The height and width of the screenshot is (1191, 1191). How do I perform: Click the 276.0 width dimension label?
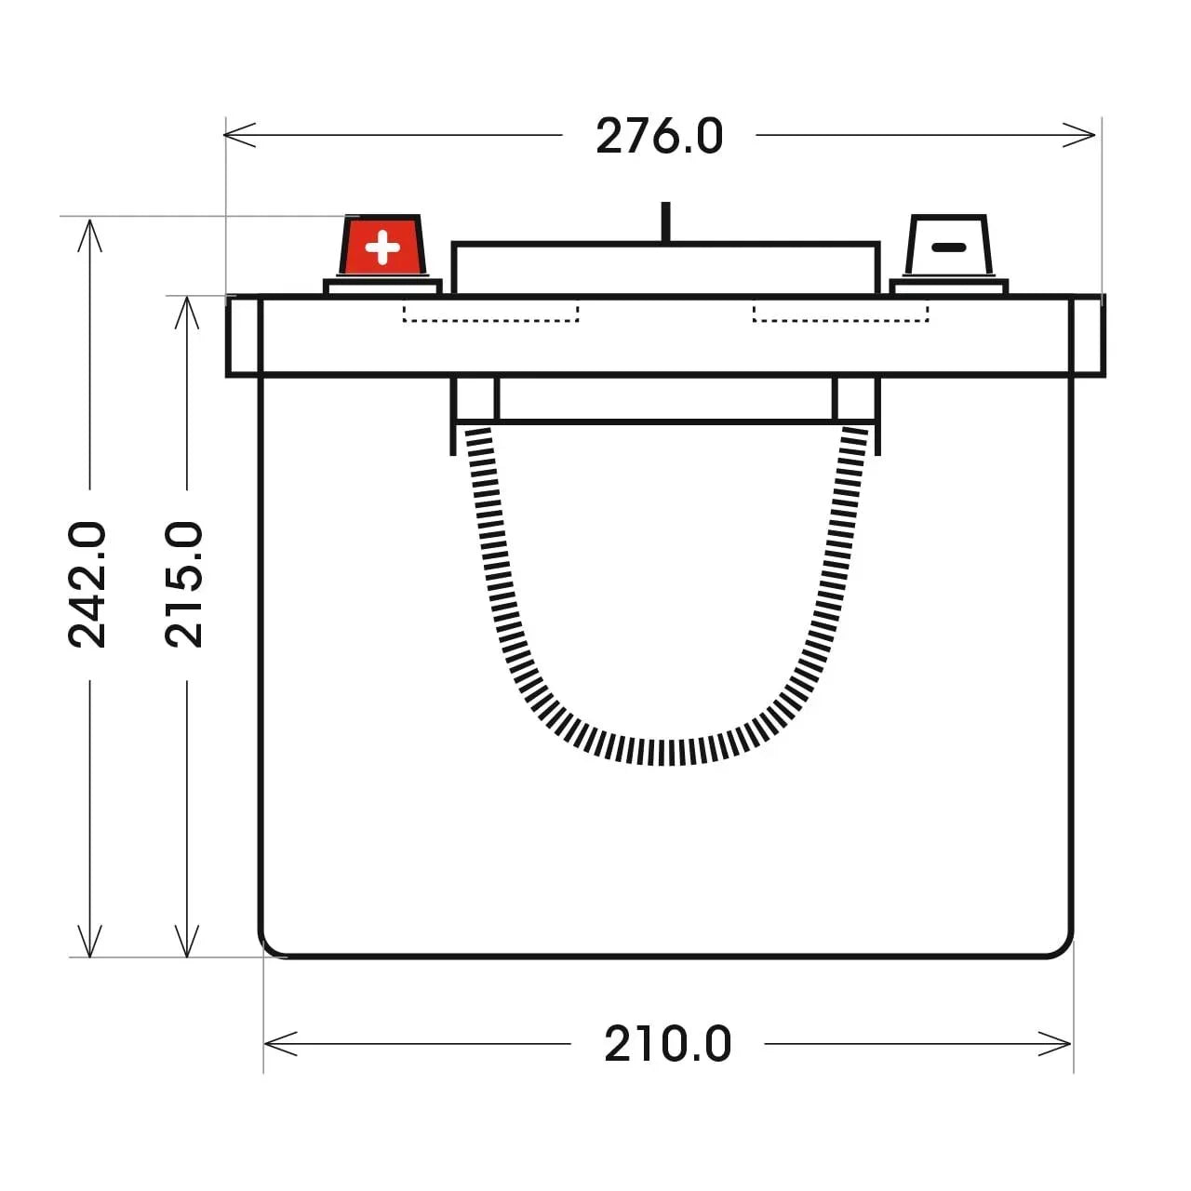(x=659, y=136)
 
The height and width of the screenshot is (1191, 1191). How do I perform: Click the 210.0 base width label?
(x=667, y=1044)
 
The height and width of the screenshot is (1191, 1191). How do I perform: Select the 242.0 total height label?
(x=87, y=584)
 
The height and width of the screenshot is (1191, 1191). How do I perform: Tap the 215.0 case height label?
(x=184, y=584)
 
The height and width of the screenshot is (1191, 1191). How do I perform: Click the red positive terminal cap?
(x=382, y=246)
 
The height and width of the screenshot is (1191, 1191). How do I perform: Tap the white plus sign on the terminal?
(x=382, y=248)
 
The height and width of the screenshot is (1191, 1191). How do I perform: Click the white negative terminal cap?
(x=948, y=246)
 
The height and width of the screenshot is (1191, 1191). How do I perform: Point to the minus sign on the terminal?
(x=949, y=248)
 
